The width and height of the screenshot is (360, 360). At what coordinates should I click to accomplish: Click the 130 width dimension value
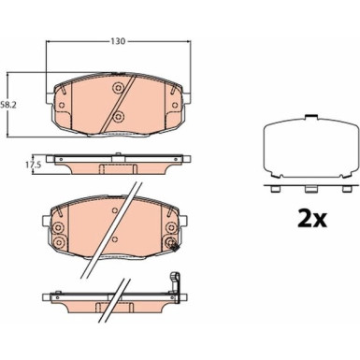(118, 41)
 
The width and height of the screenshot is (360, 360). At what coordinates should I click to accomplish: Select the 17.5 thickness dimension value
(33, 166)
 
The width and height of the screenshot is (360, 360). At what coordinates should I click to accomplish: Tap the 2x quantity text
(312, 219)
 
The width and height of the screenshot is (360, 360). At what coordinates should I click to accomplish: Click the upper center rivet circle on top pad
(118, 88)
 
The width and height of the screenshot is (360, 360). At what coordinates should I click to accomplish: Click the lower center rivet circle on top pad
(118, 117)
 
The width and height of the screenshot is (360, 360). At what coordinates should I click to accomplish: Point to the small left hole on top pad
(62, 105)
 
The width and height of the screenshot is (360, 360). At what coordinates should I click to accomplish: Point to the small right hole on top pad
(175, 105)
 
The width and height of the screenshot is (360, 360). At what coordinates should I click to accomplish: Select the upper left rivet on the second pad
(58, 228)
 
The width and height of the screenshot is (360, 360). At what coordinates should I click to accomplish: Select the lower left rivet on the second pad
(58, 242)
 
